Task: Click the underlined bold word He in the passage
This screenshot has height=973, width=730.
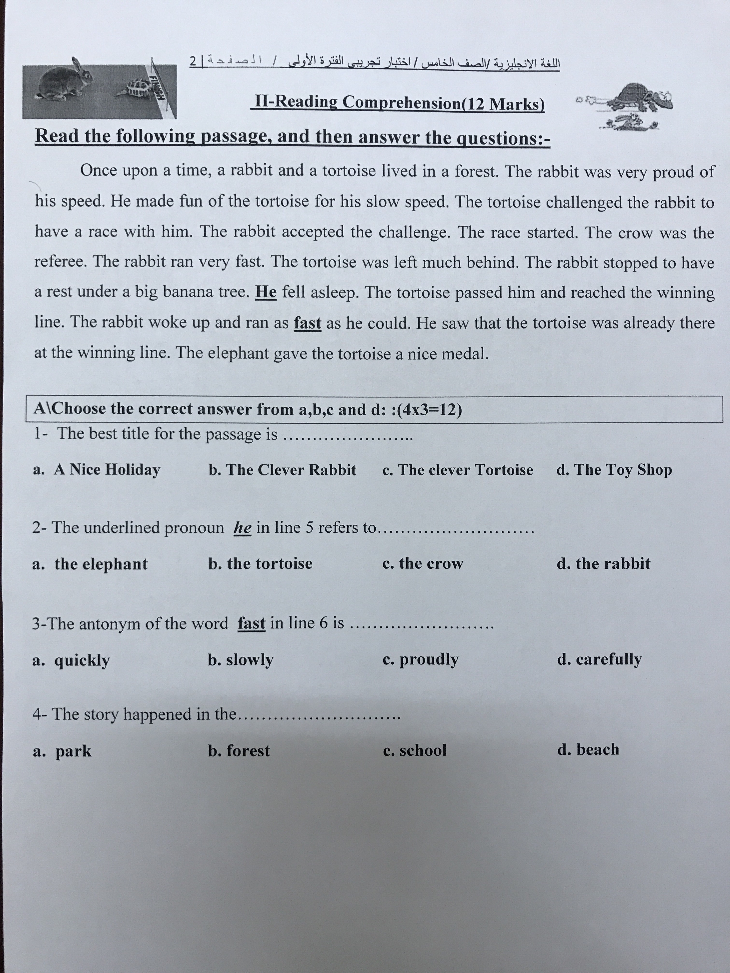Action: click(266, 292)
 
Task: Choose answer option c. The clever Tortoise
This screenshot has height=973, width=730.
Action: click(458, 470)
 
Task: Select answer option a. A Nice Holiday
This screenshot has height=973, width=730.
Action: click(97, 470)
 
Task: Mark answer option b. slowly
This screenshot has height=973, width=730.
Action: click(241, 660)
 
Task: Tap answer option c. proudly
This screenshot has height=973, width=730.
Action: click(421, 659)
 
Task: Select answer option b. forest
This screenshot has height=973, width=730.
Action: click(239, 751)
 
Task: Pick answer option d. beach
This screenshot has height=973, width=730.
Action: click(588, 750)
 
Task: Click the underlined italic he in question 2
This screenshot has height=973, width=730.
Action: click(242, 528)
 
